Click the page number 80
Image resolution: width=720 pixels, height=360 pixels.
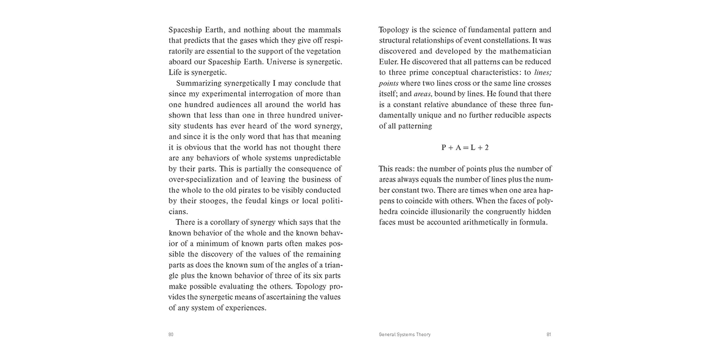point(171,334)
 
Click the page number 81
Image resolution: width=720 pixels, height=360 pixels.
point(548,334)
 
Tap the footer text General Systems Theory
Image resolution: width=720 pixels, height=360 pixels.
point(404,334)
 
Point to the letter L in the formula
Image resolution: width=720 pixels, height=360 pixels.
point(474,147)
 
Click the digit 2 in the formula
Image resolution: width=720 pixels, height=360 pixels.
point(487,147)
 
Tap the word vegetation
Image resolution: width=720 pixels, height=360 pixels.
point(320,51)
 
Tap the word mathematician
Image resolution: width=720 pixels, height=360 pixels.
point(520,51)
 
